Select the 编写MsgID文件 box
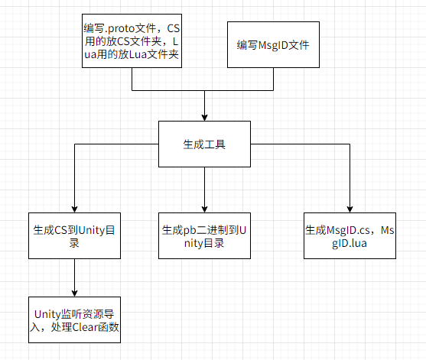click(273, 46)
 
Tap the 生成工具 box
click(204, 144)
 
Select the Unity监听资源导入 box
click(74, 319)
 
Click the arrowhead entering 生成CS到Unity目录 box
click(74, 209)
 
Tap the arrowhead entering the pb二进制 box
click(204, 209)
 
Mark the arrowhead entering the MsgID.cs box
click(350, 209)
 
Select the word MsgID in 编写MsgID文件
click(274, 46)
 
